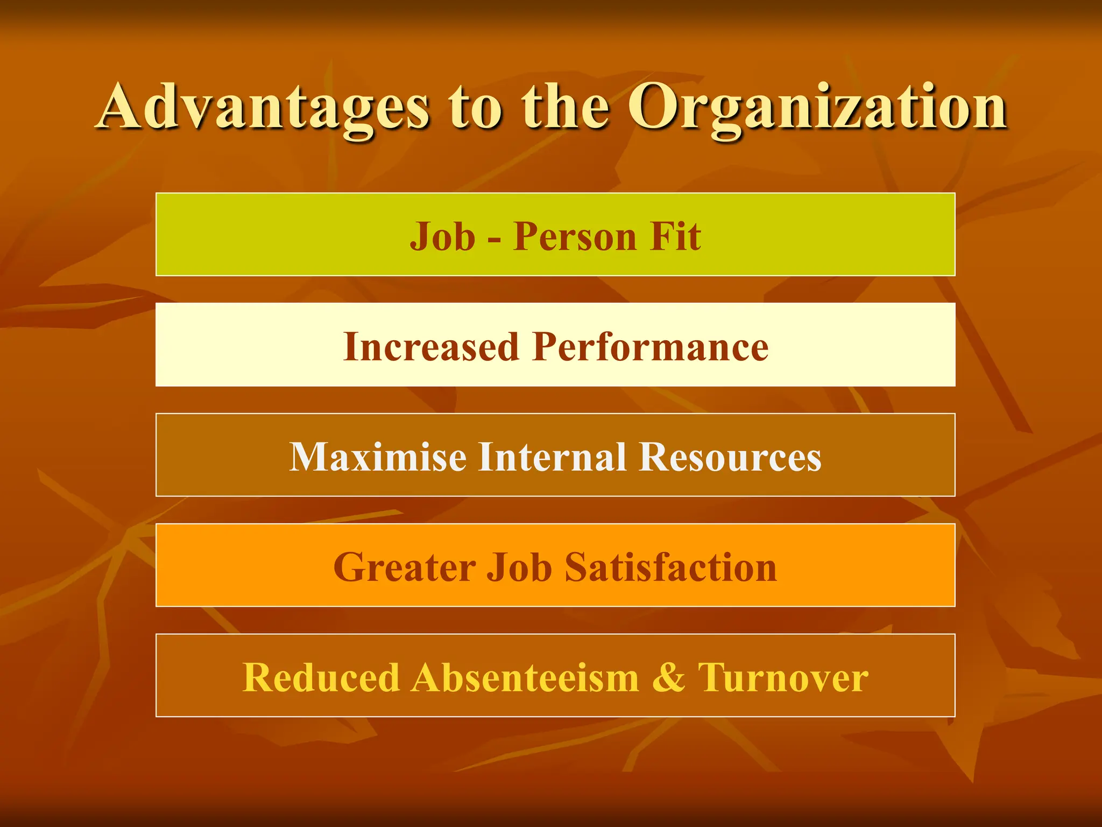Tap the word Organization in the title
pyautogui.click(x=817, y=108)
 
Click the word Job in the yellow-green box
pyautogui.click(x=442, y=236)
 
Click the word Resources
pyautogui.click(x=730, y=457)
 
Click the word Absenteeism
pyautogui.click(x=526, y=677)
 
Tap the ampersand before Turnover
pyautogui.click(x=668, y=677)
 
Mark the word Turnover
pyautogui.click(x=783, y=677)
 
